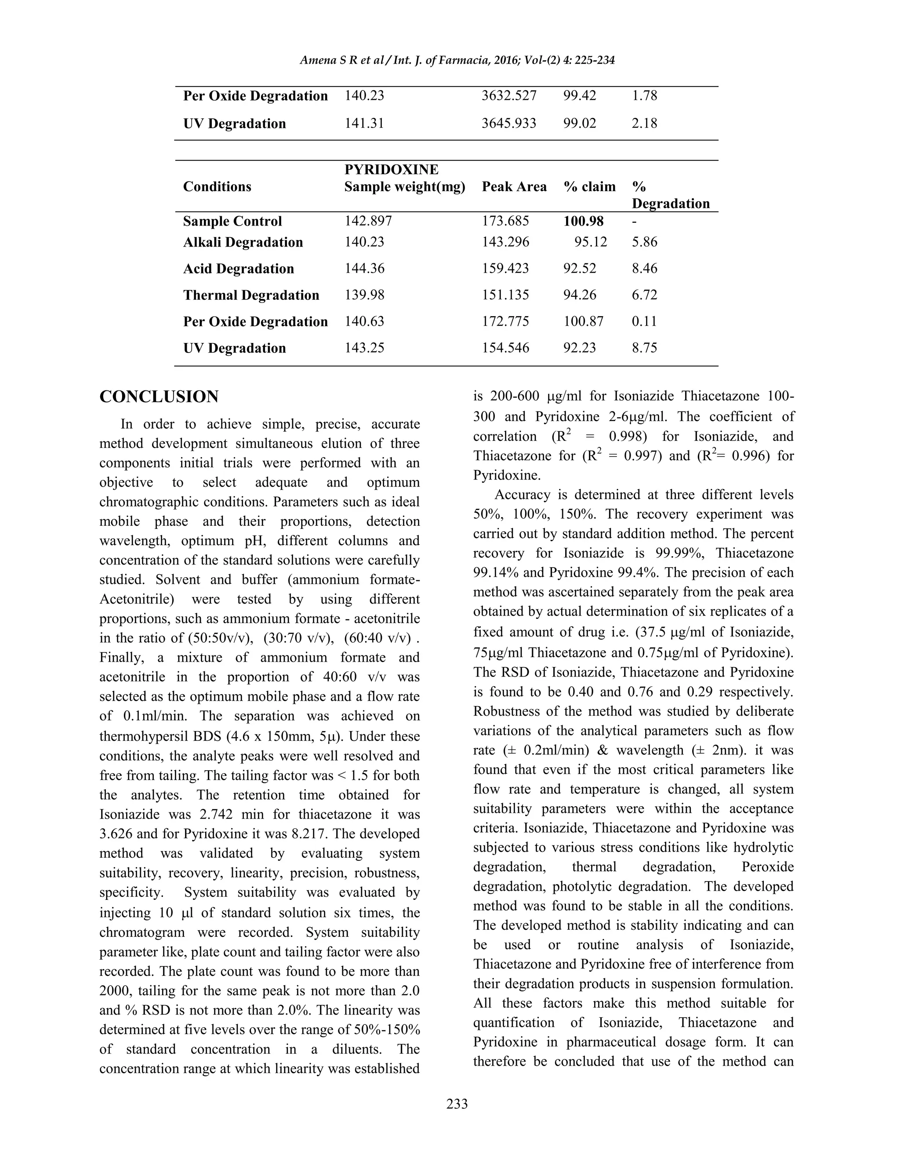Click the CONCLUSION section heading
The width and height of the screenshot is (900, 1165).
159,397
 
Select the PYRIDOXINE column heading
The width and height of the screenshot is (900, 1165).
392,170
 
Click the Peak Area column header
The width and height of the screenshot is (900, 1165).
514,187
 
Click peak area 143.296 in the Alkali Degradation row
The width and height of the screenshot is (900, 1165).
505,242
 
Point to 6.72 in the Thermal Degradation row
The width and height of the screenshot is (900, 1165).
645,295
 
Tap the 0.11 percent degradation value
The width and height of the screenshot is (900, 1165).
645,322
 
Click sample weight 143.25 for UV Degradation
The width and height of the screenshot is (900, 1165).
364,348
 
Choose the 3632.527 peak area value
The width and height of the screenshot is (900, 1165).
508,96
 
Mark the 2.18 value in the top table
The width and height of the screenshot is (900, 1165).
645,123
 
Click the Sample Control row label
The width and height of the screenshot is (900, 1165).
232,222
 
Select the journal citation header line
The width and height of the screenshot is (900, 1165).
457,60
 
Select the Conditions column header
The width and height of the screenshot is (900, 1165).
217,187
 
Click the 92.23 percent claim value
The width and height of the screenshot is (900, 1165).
580,348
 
